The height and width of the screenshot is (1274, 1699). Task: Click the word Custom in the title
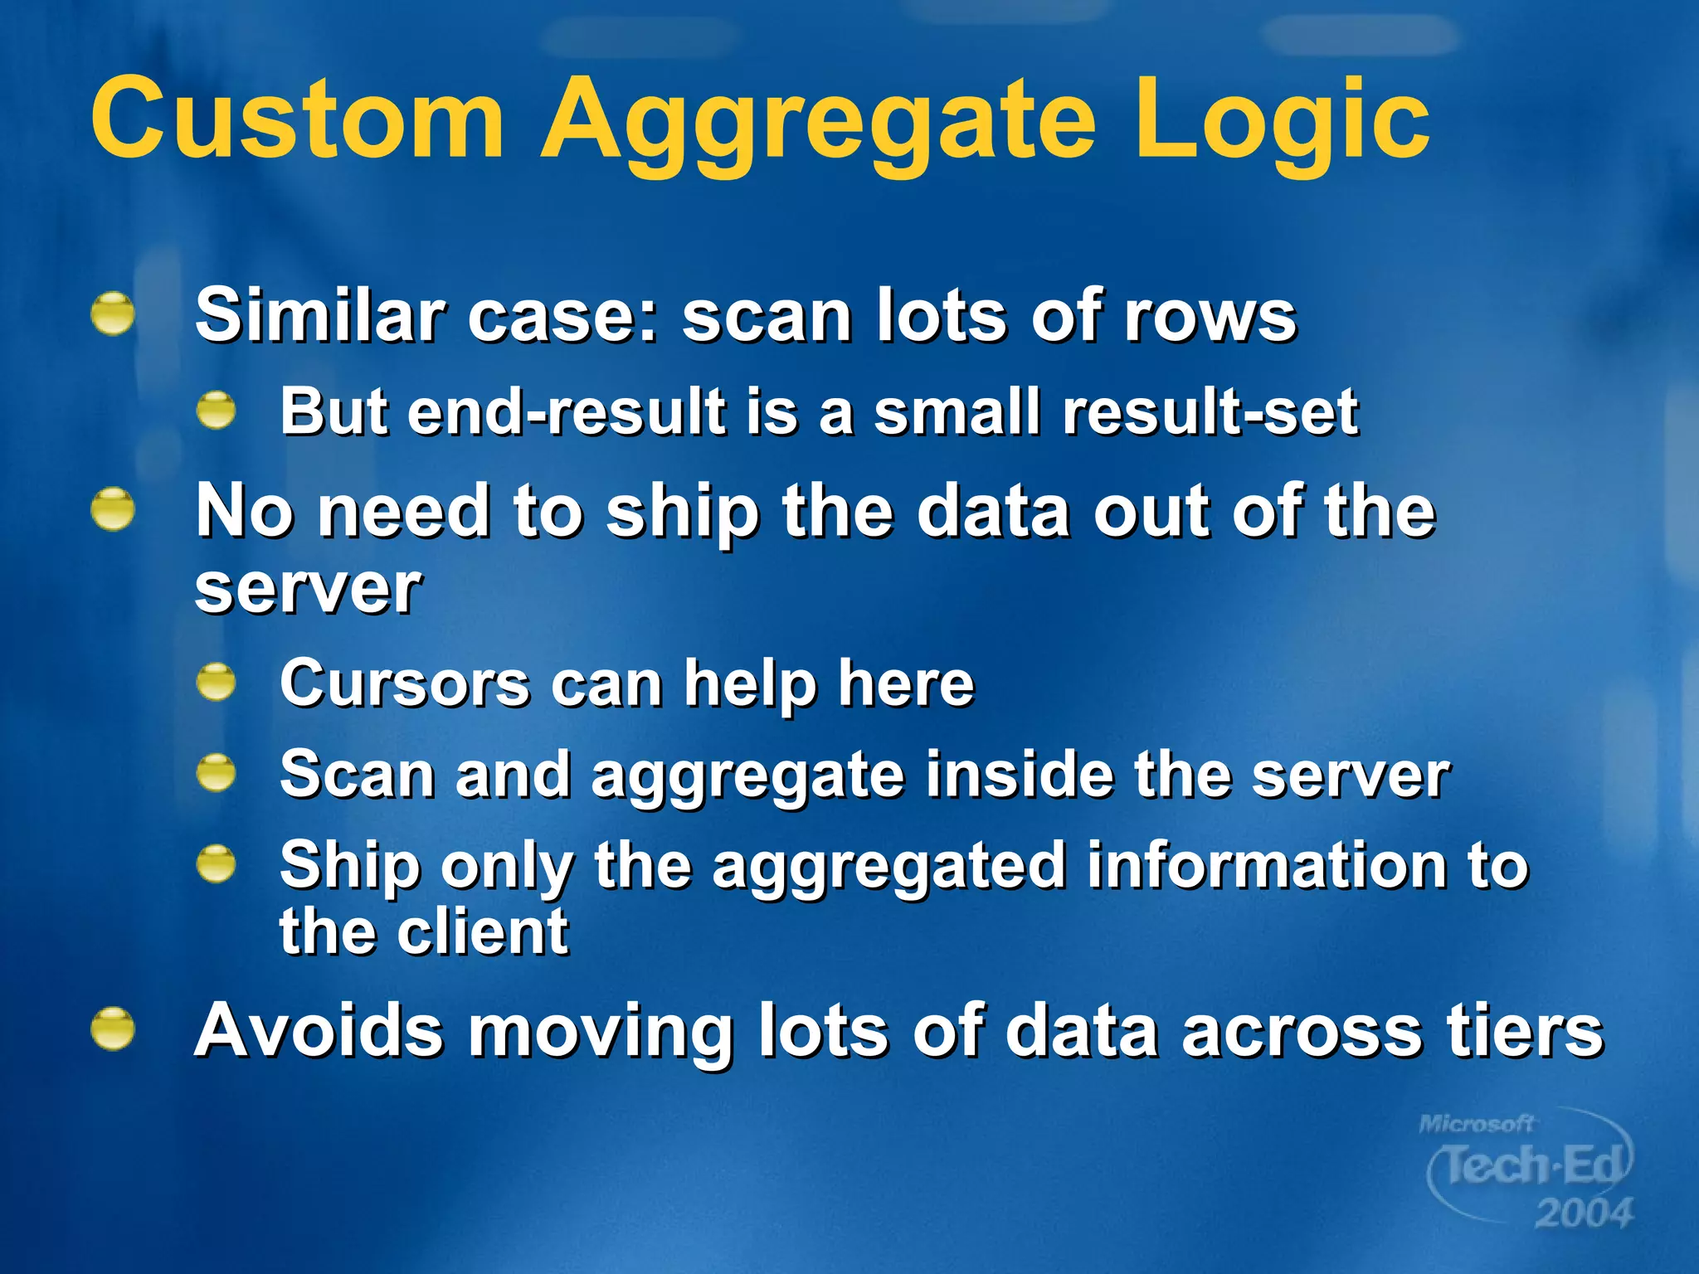tap(297, 118)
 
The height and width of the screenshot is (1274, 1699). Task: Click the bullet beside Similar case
tap(113, 314)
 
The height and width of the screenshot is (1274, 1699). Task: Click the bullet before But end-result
tap(217, 411)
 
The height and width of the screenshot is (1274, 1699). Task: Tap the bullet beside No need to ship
tap(113, 509)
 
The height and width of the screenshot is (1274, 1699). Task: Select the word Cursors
tap(405, 683)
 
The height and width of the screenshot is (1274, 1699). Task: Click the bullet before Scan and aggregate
tap(217, 773)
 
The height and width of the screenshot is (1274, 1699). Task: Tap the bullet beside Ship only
tap(217, 864)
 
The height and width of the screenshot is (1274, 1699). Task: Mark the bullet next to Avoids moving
tap(113, 1029)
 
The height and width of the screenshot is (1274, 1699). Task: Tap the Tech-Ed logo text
tap(1531, 1165)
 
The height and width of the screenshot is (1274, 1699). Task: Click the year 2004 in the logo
tap(1583, 1213)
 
